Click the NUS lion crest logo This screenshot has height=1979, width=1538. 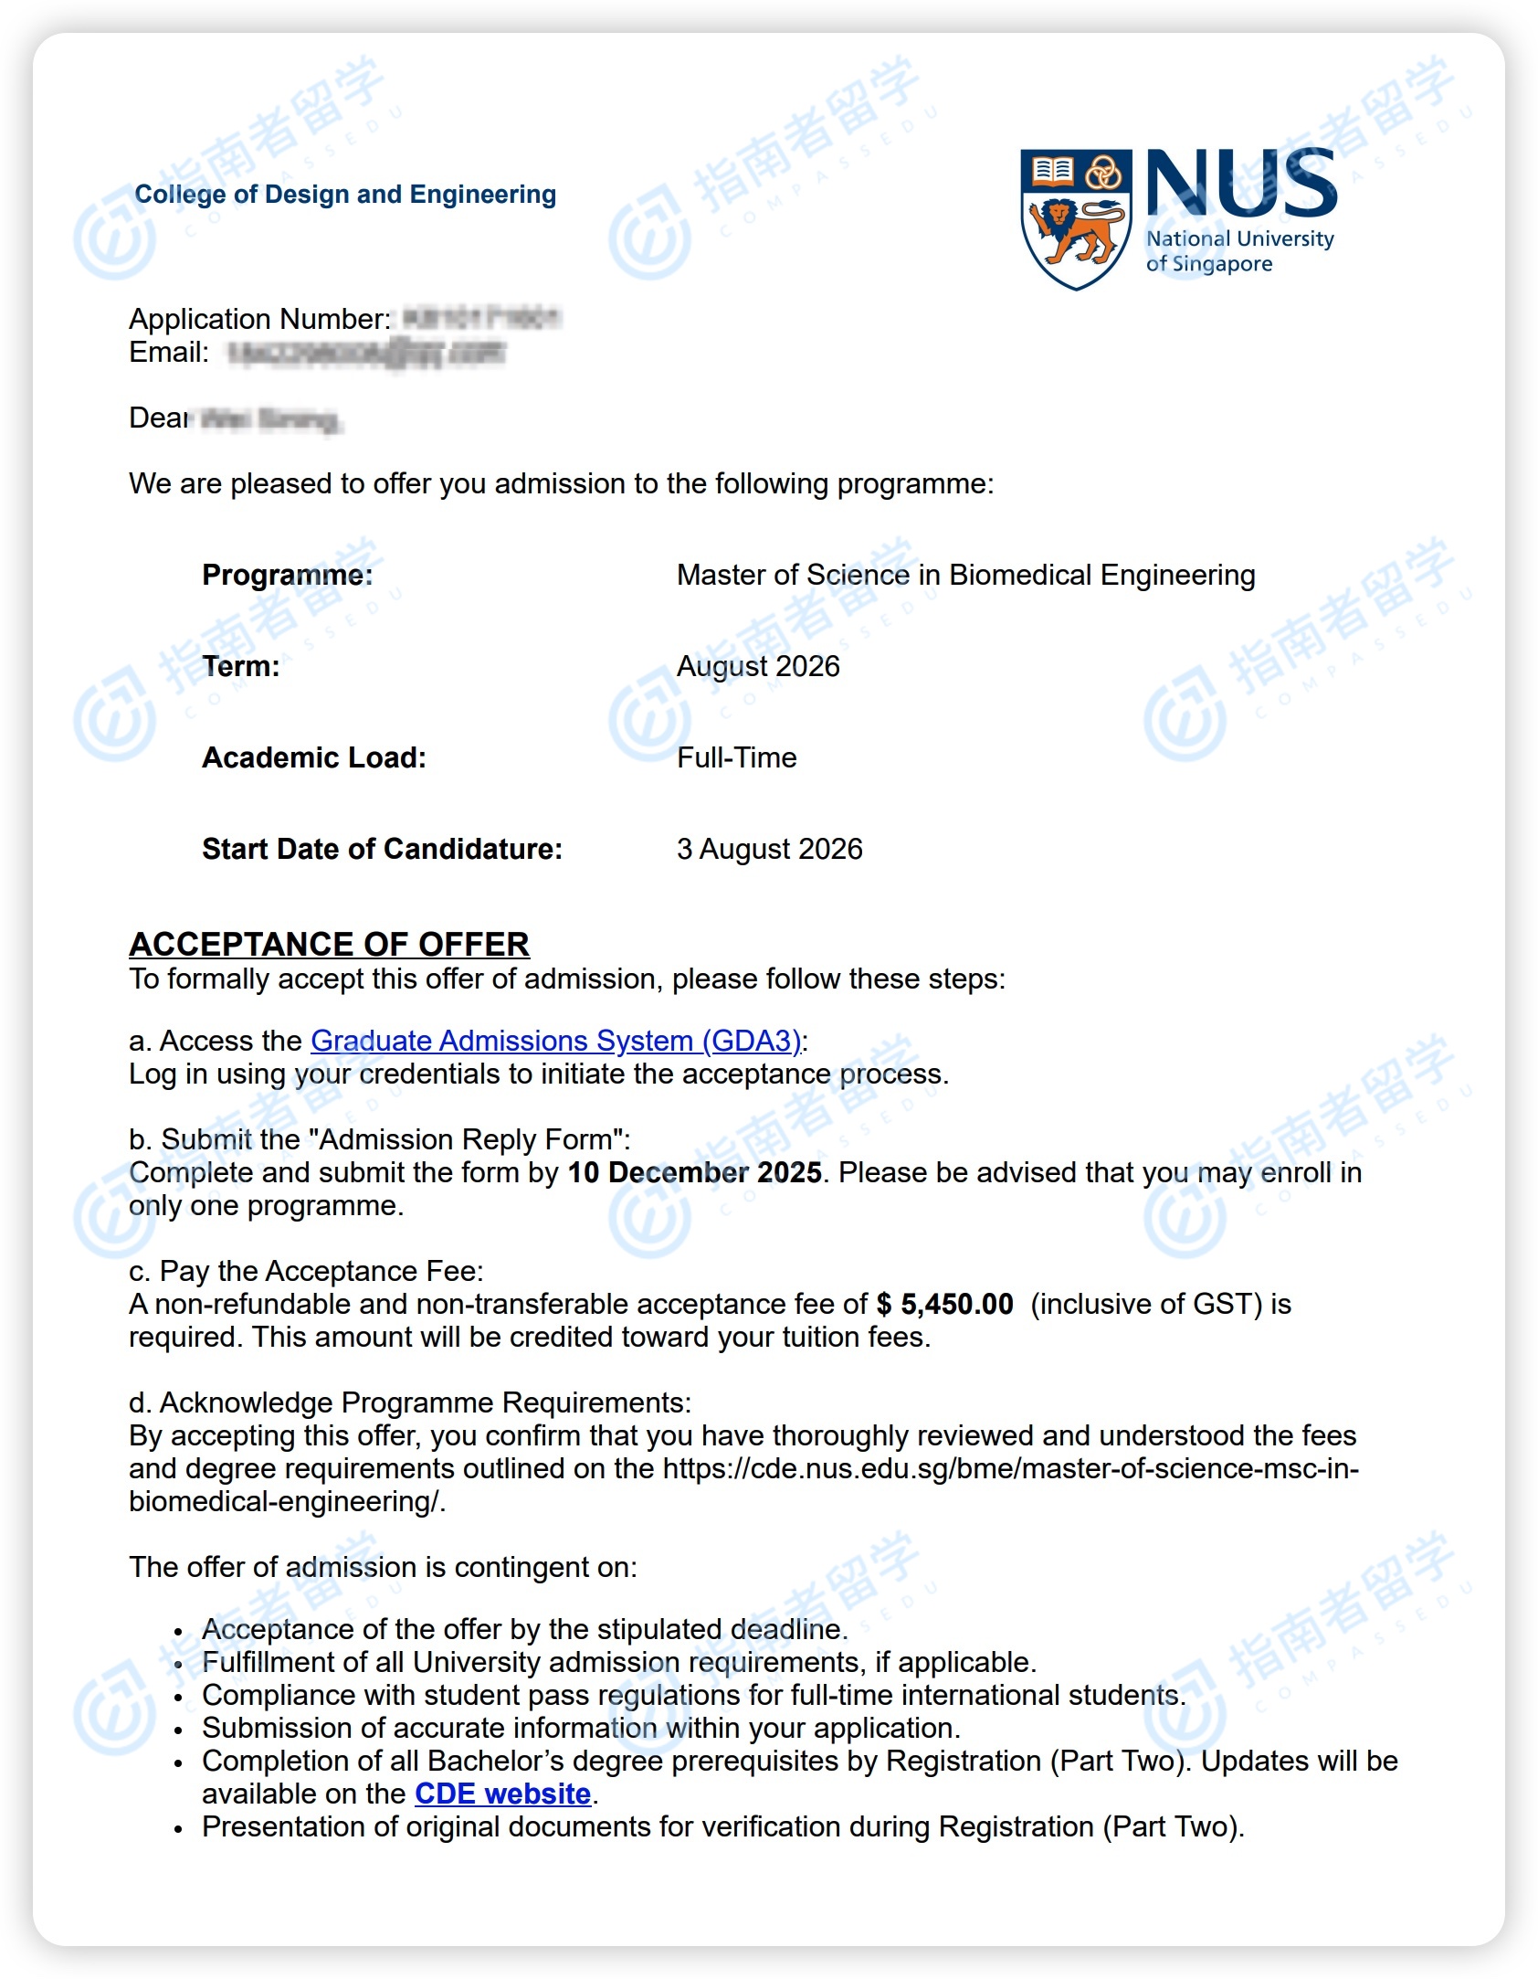click(x=1076, y=219)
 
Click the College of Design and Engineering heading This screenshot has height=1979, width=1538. click(x=345, y=195)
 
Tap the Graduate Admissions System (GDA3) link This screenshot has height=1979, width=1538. click(x=555, y=1041)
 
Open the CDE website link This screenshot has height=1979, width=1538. click(x=502, y=1794)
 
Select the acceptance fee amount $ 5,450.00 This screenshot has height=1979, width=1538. click(x=944, y=1304)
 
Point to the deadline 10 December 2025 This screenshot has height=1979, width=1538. click(x=694, y=1172)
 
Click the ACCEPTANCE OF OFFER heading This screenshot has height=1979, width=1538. click(x=329, y=944)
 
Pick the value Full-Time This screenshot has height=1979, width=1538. click(x=736, y=757)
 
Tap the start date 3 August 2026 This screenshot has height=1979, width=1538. click(x=769, y=849)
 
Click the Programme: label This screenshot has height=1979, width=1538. click(x=288, y=575)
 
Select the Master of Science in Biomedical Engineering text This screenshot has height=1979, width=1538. click(x=965, y=575)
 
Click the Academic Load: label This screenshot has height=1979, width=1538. click(x=314, y=757)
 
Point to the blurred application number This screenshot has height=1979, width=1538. click(x=481, y=318)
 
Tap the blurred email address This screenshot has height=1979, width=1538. click(x=365, y=353)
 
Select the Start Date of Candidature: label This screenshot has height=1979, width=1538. click(x=382, y=849)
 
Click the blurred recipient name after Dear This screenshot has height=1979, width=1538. click(x=269, y=419)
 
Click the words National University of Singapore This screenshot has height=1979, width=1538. click(x=1238, y=251)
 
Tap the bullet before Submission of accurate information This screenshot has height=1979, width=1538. click(x=179, y=1730)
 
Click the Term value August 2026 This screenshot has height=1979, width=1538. click(x=758, y=666)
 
